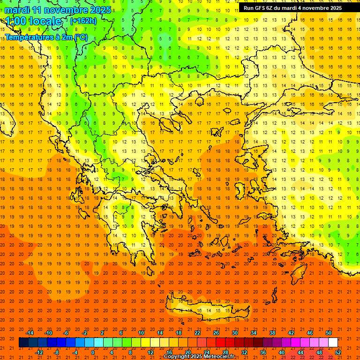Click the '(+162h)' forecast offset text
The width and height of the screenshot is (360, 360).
(x=83, y=21)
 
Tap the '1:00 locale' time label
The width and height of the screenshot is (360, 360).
(x=33, y=21)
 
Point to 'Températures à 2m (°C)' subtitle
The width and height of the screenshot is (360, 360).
(x=46, y=37)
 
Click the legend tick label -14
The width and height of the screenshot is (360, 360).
(x=30, y=333)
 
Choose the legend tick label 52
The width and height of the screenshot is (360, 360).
(x=338, y=352)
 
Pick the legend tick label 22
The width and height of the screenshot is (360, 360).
(x=197, y=333)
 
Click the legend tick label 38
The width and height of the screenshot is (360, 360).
(x=272, y=333)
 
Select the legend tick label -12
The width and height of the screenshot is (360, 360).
(x=39, y=352)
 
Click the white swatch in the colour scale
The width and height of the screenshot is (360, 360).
(x=333, y=343)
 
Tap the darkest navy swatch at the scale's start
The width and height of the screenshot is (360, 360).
(x=23, y=343)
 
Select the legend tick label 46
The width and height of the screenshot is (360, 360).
(x=310, y=333)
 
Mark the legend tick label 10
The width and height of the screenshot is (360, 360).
(x=141, y=333)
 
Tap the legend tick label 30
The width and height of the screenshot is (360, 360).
(x=235, y=333)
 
